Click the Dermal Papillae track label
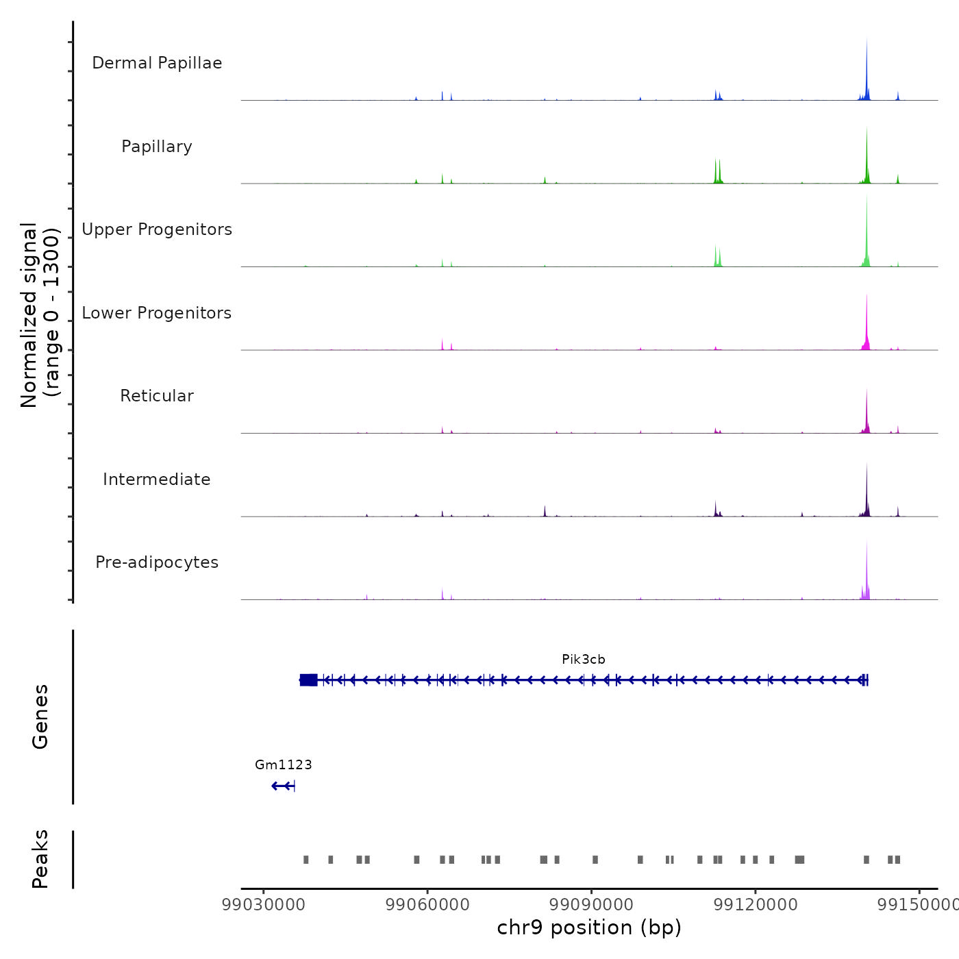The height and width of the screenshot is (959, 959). tap(157, 63)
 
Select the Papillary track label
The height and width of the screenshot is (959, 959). tap(157, 147)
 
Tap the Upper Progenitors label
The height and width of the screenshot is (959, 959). tap(157, 229)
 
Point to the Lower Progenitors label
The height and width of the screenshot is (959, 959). tap(157, 313)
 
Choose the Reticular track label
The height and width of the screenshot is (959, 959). tap(157, 396)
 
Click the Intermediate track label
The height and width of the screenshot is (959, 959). tap(157, 480)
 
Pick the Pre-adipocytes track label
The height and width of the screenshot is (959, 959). tap(157, 562)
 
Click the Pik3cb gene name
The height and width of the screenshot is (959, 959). tap(584, 660)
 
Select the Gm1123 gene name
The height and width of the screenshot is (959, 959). tap(284, 764)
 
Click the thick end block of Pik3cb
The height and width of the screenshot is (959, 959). tap(309, 680)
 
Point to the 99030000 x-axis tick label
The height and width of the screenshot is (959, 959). tap(264, 905)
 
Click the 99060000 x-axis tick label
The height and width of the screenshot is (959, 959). tap(427, 905)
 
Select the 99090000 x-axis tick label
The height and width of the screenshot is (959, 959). tap(592, 905)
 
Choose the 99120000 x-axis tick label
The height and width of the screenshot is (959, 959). tap(756, 905)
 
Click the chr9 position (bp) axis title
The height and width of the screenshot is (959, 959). tap(589, 927)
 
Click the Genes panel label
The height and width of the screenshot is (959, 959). tap(40, 717)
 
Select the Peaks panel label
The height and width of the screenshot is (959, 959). tap(40, 859)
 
